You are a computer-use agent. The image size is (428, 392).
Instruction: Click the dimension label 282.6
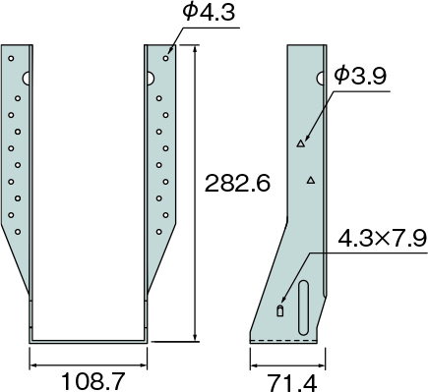237,183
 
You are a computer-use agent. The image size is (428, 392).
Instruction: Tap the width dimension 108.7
93,382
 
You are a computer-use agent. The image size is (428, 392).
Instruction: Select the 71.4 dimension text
293,383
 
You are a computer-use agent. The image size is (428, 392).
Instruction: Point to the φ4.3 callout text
209,13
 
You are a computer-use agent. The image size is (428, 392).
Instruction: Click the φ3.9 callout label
360,76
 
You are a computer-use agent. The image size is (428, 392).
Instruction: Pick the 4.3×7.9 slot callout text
383,238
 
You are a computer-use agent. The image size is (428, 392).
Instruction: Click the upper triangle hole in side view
301,143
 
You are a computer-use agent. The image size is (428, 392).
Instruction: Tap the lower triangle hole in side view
311,180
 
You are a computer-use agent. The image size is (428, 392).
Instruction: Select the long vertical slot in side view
303,308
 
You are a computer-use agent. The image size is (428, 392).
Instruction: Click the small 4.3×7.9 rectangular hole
280,310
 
